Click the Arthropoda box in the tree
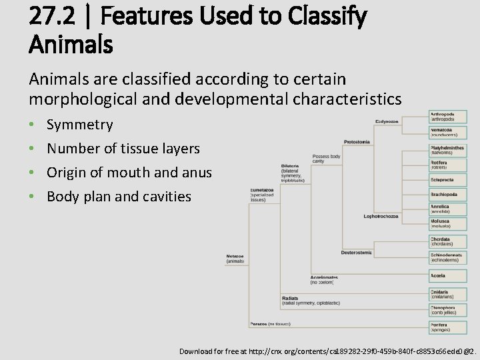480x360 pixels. tap(447, 117)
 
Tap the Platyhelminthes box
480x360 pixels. tap(447, 150)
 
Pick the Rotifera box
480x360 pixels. tap(447, 165)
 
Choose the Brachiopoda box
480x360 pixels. tap(447, 194)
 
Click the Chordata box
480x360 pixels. tap(447, 241)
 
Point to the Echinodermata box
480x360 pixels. tap(447, 257)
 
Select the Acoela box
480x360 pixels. tap(447, 275)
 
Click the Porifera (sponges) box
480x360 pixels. tap(447, 327)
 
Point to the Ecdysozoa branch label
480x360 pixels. tap(387, 121)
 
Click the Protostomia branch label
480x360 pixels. tap(357, 142)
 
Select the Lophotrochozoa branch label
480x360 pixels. tap(381, 216)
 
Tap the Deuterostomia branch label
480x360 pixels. tap(357, 253)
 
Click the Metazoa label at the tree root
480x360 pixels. tap(235, 258)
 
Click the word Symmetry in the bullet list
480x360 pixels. tap(79, 125)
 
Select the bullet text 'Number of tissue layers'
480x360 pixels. tap(123, 149)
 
